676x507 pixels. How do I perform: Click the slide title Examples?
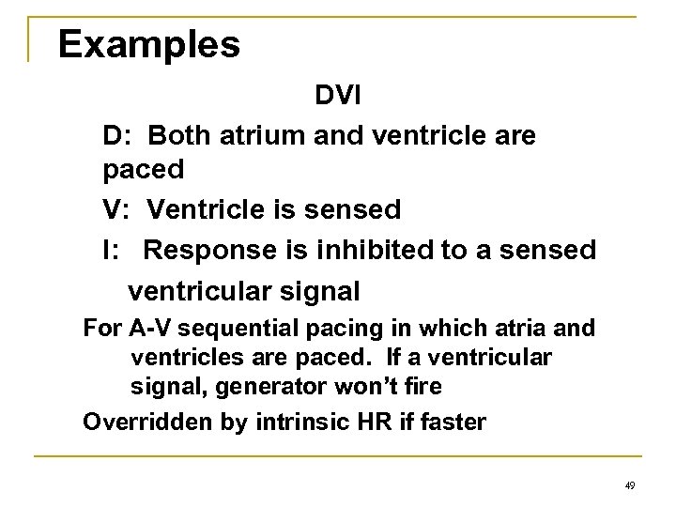147,43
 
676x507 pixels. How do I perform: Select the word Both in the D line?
180,135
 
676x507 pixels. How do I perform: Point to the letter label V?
116,209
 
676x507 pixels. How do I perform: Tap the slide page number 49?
629,484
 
